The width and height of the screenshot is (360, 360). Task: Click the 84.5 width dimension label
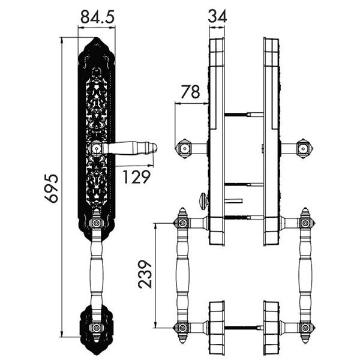[97, 17]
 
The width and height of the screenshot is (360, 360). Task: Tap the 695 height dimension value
[52, 189]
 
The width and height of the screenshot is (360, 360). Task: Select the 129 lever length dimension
[137, 177]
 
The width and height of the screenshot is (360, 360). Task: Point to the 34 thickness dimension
[217, 16]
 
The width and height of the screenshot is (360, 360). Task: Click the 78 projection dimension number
[190, 92]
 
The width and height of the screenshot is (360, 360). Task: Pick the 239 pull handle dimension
[145, 274]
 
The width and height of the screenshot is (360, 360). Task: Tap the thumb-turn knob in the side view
[204, 201]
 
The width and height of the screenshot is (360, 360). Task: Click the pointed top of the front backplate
[97, 38]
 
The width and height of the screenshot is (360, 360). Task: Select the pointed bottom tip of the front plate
[97, 354]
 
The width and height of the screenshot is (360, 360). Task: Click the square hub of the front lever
[97, 149]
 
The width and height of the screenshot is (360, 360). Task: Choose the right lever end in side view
[304, 149]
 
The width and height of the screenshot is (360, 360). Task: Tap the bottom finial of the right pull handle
[305, 338]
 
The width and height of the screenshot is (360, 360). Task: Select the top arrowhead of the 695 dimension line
[62, 40]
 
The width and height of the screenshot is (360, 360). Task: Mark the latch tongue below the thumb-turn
[234, 201]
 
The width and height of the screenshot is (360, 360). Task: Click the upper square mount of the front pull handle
[97, 223]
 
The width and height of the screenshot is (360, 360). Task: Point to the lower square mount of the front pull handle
[97, 328]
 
